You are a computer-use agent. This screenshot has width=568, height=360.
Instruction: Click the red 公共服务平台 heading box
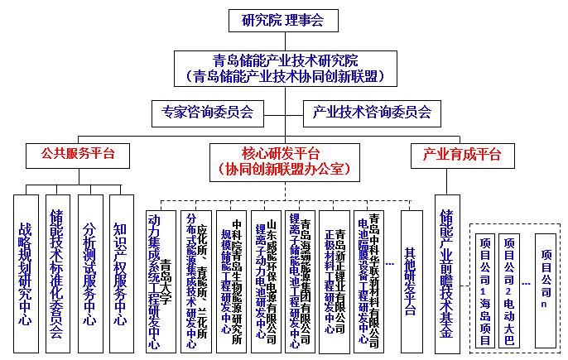point(79,154)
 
